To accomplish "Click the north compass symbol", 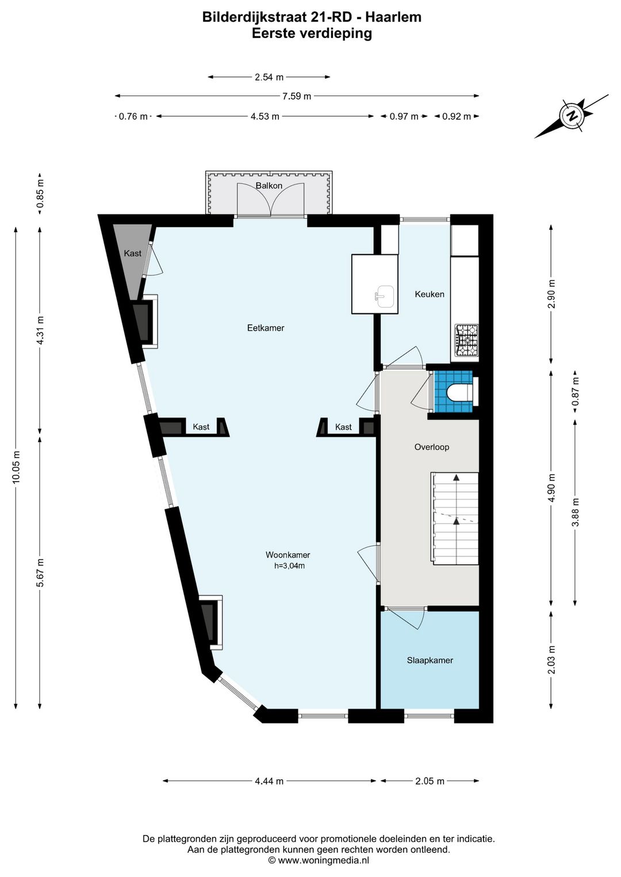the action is click(573, 116).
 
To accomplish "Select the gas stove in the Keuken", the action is click(466, 340).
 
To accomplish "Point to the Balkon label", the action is click(269, 186).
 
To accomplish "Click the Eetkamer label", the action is click(266, 328).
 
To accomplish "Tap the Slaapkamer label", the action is click(430, 660).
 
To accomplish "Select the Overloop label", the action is click(432, 447).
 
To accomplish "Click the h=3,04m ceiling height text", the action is click(289, 566).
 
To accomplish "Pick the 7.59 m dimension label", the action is click(297, 96).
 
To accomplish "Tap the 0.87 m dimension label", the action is click(575, 391).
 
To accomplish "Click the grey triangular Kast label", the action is click(132, 253).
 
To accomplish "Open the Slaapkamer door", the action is click(405, 619).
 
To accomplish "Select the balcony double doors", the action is click(270, 199).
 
